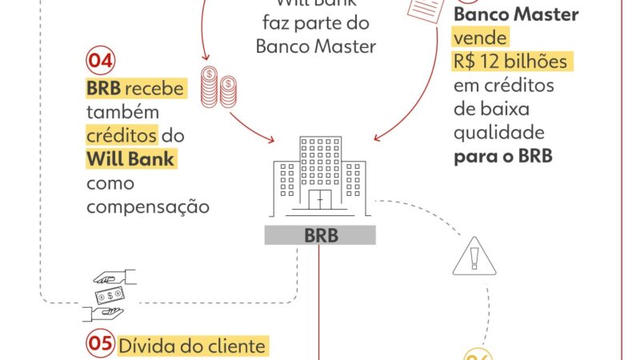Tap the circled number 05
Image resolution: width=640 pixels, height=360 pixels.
click(99, 346)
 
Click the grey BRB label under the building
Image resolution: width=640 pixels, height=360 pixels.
click(320, 236)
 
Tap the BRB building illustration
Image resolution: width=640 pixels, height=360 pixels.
click(319, 176)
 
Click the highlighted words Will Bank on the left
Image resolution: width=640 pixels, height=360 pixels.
click(130, 160)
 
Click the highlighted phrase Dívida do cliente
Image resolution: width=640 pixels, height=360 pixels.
click(193, 347)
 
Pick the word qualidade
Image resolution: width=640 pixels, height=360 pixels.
click(499, 132)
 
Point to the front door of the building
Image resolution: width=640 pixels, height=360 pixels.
click(320, 199)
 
